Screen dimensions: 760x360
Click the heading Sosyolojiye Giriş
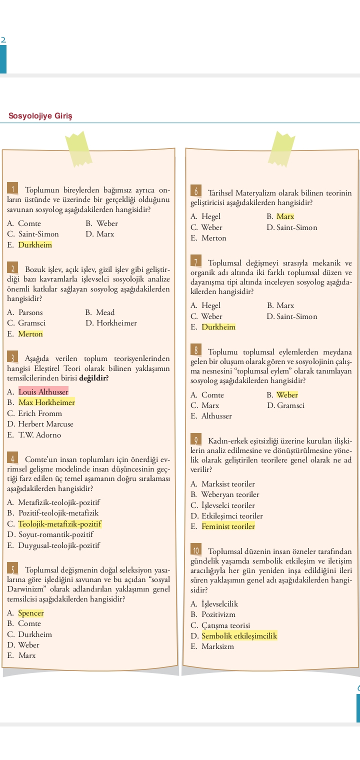(x=40, y=116)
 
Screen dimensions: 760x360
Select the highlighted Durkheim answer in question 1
(x=35, y=245)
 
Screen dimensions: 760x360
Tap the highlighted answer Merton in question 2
(x=30, y=334)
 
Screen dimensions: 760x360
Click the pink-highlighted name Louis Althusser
(x=43, y=391)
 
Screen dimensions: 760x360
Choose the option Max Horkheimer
(x=46, y=402)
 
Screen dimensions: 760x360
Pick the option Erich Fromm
(x=40, y=413)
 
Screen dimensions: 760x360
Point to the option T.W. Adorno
(x=39, y=435)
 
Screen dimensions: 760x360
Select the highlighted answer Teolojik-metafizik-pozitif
(x=59, y=524)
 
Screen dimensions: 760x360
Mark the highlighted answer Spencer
(x=31, y=613)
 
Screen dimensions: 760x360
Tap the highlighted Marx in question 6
(x=285, y=216)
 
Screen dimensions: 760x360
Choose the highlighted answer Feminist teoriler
(x=228, y=526)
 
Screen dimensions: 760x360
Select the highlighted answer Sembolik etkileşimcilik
(x=239, y=636)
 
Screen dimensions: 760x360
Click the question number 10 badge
(x=196, y=551)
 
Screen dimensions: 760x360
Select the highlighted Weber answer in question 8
(x=287, y=395)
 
